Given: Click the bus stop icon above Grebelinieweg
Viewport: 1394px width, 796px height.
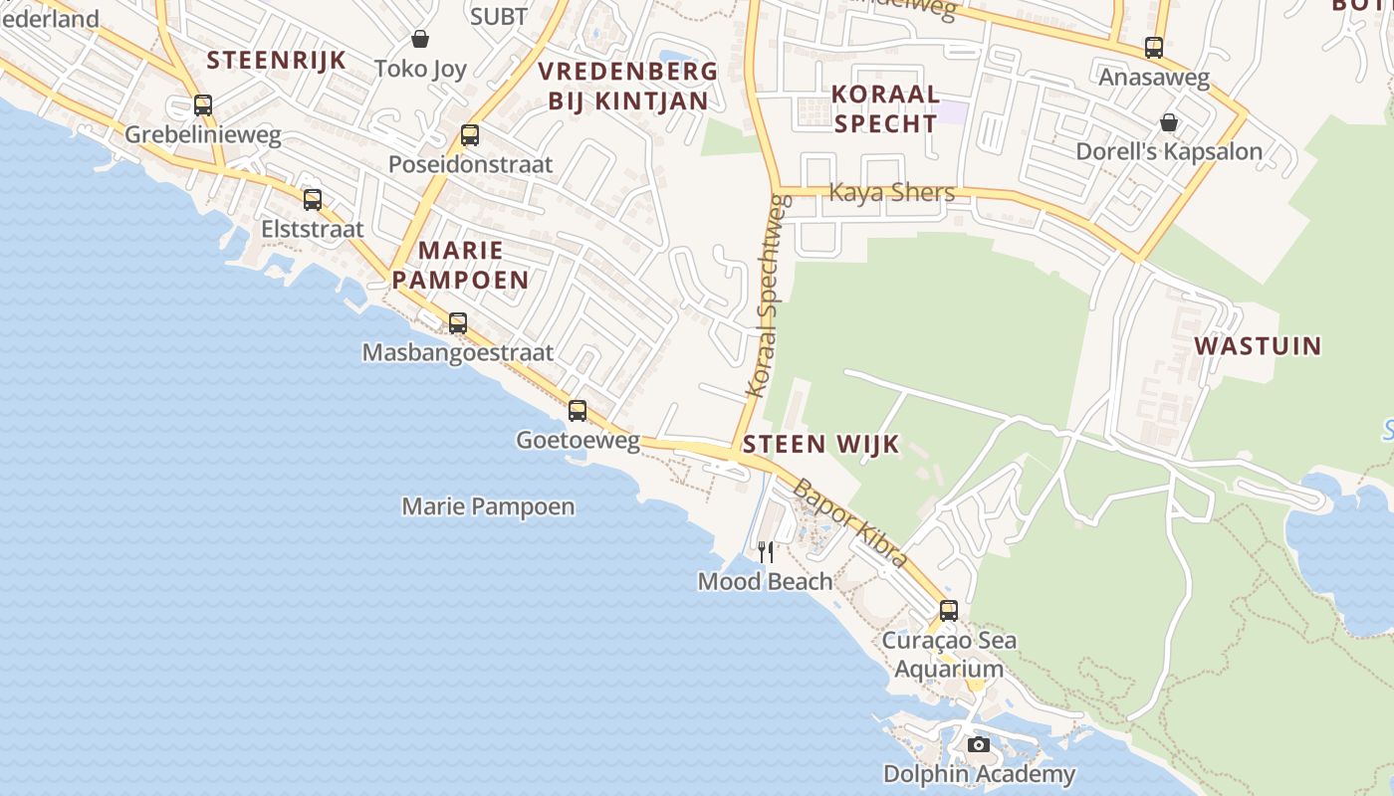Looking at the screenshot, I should click(x=203, y=105).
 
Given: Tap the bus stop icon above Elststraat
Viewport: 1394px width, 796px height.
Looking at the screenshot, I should click(x=313, y=200).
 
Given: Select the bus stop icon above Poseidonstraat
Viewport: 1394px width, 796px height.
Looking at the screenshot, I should click(x=470, y=135).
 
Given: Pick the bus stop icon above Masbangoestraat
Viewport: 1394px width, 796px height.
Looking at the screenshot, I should click(x=458, y=323).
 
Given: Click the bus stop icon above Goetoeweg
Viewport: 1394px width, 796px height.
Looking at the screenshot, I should click(x=578, y=411).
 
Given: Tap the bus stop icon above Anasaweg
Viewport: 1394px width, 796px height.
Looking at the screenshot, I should click(x=1154, y=48).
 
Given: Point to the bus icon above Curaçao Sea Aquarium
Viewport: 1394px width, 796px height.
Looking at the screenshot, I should click(x=949, y=611).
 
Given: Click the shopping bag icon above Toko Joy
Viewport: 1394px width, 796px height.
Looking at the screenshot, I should click(x=420, y=40).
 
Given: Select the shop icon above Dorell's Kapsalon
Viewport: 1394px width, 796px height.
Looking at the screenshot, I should click(x=1169, y=122).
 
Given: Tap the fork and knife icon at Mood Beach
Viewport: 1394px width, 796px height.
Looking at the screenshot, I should click(x=766, y=552).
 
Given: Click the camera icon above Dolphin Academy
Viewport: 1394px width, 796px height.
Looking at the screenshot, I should click(x=979, y=744).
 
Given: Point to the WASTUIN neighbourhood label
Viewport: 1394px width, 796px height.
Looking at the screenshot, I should click(x=1258, y=346).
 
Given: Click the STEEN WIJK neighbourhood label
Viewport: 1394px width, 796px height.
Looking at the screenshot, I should click(x=821, y=444).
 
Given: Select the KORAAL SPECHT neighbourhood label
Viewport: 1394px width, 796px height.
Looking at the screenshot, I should click(x=885, y=108).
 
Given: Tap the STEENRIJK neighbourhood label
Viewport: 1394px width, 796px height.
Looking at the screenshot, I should click(x=277, y=60).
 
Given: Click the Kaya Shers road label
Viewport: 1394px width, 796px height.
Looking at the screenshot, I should click(x=891, y=192).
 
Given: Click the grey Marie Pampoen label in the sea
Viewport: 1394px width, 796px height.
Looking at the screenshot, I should click(x=488, y=506).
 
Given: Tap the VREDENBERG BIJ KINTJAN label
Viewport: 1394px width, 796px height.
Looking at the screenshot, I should click(x=628, y=86).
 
